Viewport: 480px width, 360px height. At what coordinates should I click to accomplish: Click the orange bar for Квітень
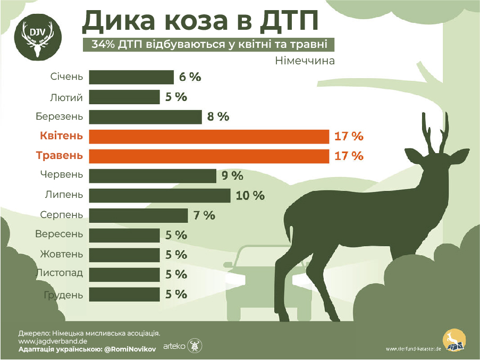click(209, 137)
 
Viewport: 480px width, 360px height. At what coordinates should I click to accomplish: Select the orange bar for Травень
click(209, 156)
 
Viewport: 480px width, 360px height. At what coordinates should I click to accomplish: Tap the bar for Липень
click(159, 196)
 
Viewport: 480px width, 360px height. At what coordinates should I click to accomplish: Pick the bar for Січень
click(131, 77)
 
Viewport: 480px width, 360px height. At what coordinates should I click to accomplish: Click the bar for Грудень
click(124, 295)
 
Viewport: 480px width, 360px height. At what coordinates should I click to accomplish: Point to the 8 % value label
click(218, 117)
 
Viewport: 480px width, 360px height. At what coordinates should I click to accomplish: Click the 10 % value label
click(250, 196)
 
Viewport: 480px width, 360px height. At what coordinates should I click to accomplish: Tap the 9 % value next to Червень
click(232, 176)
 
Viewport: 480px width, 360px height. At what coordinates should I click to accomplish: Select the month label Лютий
click(65, 97)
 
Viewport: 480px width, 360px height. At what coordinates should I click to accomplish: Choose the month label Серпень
click(62, 215)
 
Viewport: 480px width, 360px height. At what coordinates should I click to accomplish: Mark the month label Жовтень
click(60, 255)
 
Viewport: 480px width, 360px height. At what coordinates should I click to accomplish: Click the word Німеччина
click(305, 61)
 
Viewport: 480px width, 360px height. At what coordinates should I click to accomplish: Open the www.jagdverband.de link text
click(53, 341)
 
